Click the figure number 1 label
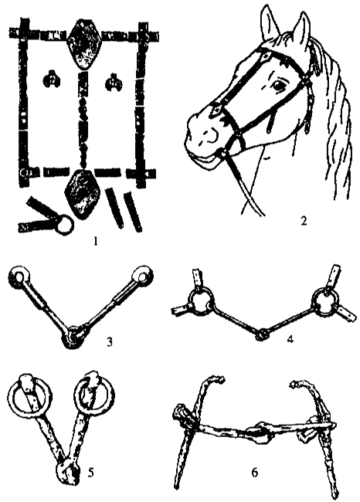tap(95, 240)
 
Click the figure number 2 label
tap(304, 221)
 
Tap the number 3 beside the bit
tap(110, 342)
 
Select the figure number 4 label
tap(290, 339)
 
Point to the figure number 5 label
tap(91, 473)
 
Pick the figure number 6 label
tap(255, 473)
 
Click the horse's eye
tap(278, 85)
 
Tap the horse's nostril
tap(211, 135)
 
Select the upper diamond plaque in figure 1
tap(83, 44)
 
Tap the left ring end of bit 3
tap(18, 276)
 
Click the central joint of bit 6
tap(258, 432)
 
